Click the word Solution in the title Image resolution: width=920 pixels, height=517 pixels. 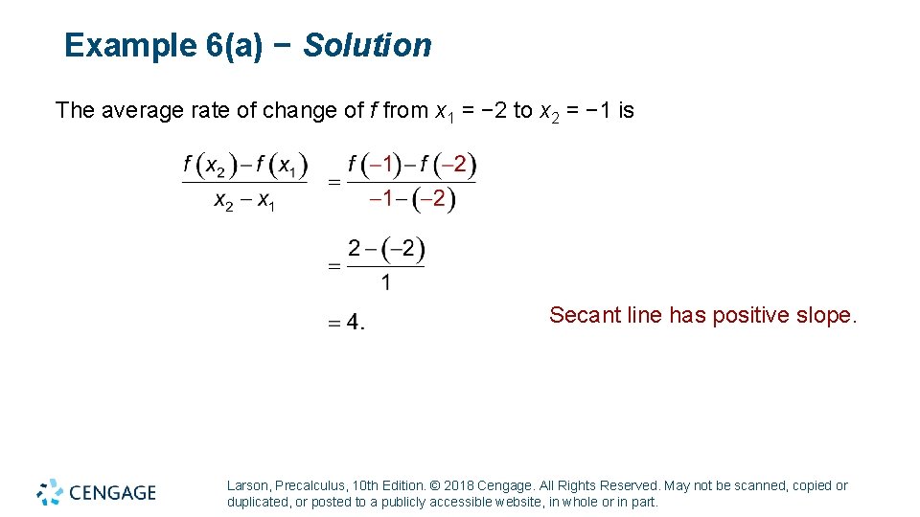(368, 45)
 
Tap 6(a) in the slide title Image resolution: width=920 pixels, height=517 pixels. (234, 45)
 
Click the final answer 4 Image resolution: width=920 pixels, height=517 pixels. (354, 322)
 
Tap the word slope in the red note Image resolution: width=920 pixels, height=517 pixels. (825, 315)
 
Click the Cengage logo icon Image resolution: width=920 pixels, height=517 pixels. (50, 492)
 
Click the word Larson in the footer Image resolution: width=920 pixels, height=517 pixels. (247, 486)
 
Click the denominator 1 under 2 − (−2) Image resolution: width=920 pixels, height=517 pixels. (385, 282)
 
